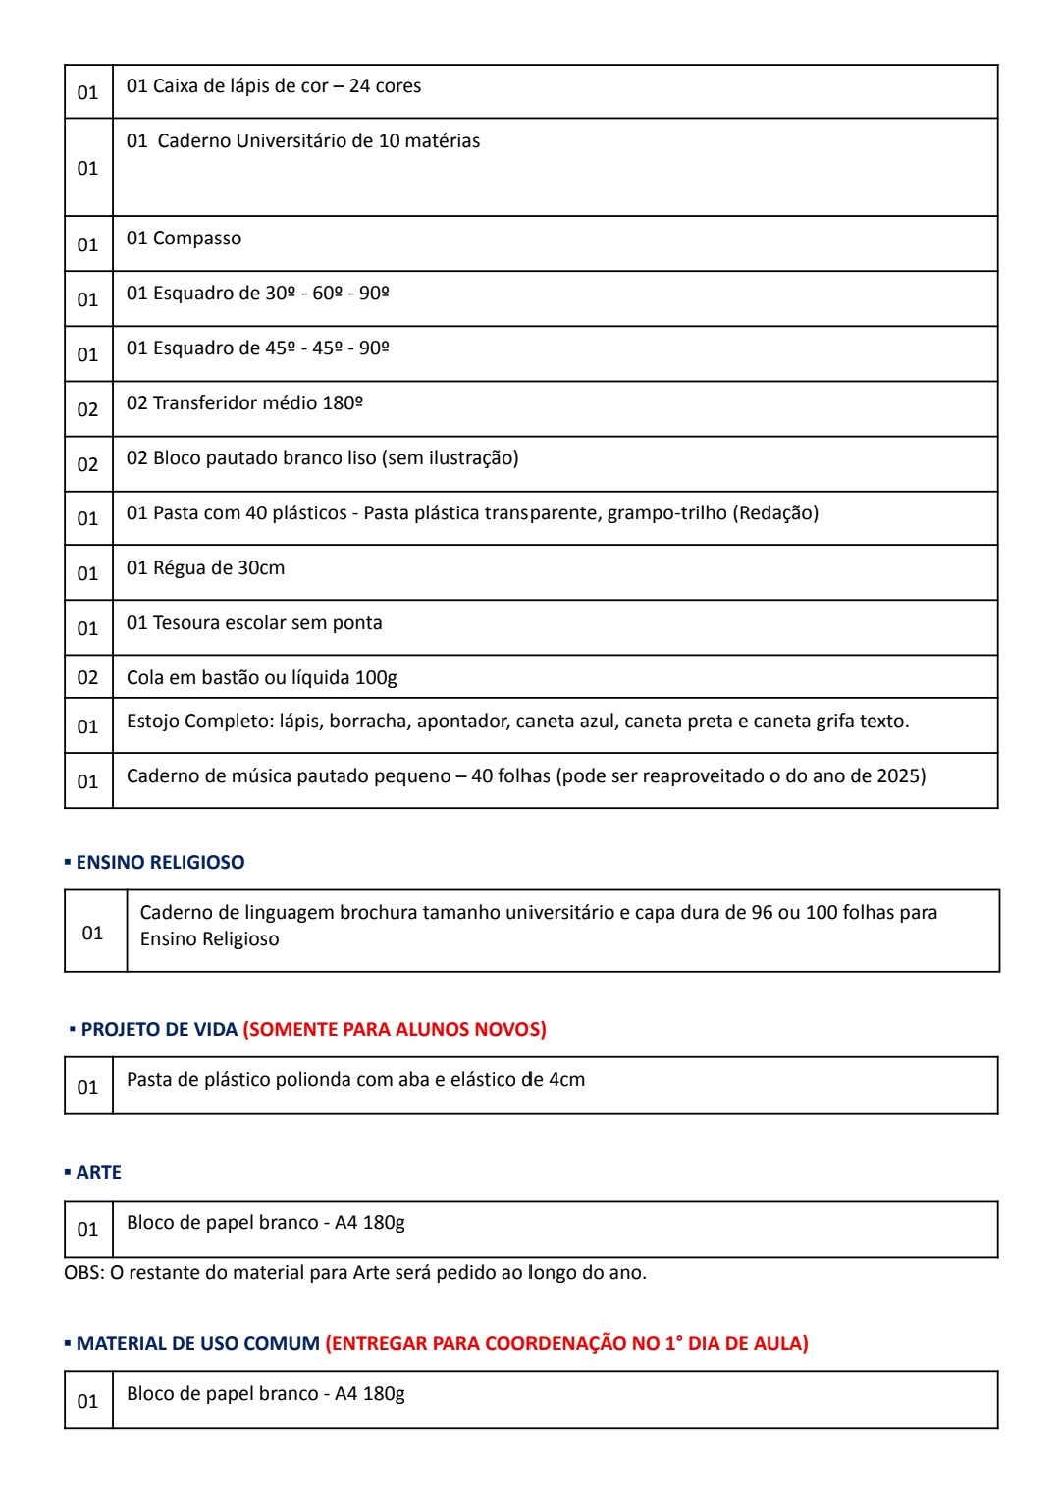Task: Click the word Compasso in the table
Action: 197,239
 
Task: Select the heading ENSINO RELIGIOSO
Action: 160,862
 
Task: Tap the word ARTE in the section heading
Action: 99,1172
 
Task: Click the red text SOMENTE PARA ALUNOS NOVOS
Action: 395,1029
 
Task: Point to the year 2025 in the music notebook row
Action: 901,776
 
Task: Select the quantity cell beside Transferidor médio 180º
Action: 88,409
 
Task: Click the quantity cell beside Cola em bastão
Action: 88,677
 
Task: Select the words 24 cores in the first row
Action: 385,86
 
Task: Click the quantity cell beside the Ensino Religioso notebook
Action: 93,933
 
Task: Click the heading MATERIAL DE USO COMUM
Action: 198,1343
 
